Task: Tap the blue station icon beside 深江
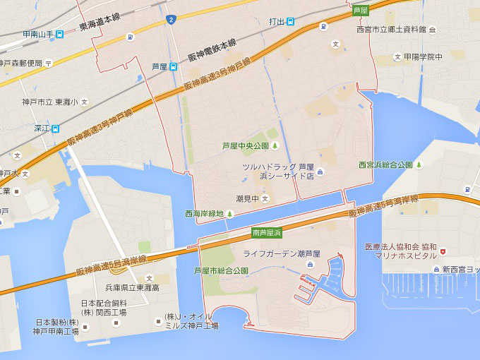pos(56,128)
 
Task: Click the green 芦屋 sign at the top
pos(361,10)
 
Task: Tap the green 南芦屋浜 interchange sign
pos(267,232)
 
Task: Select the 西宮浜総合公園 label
pos(385,165)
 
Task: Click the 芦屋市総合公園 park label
pos(221,271)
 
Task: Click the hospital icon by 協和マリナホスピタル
pos(443,251)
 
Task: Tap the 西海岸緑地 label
pos(204,213)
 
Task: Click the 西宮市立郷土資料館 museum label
pos(391,30)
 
